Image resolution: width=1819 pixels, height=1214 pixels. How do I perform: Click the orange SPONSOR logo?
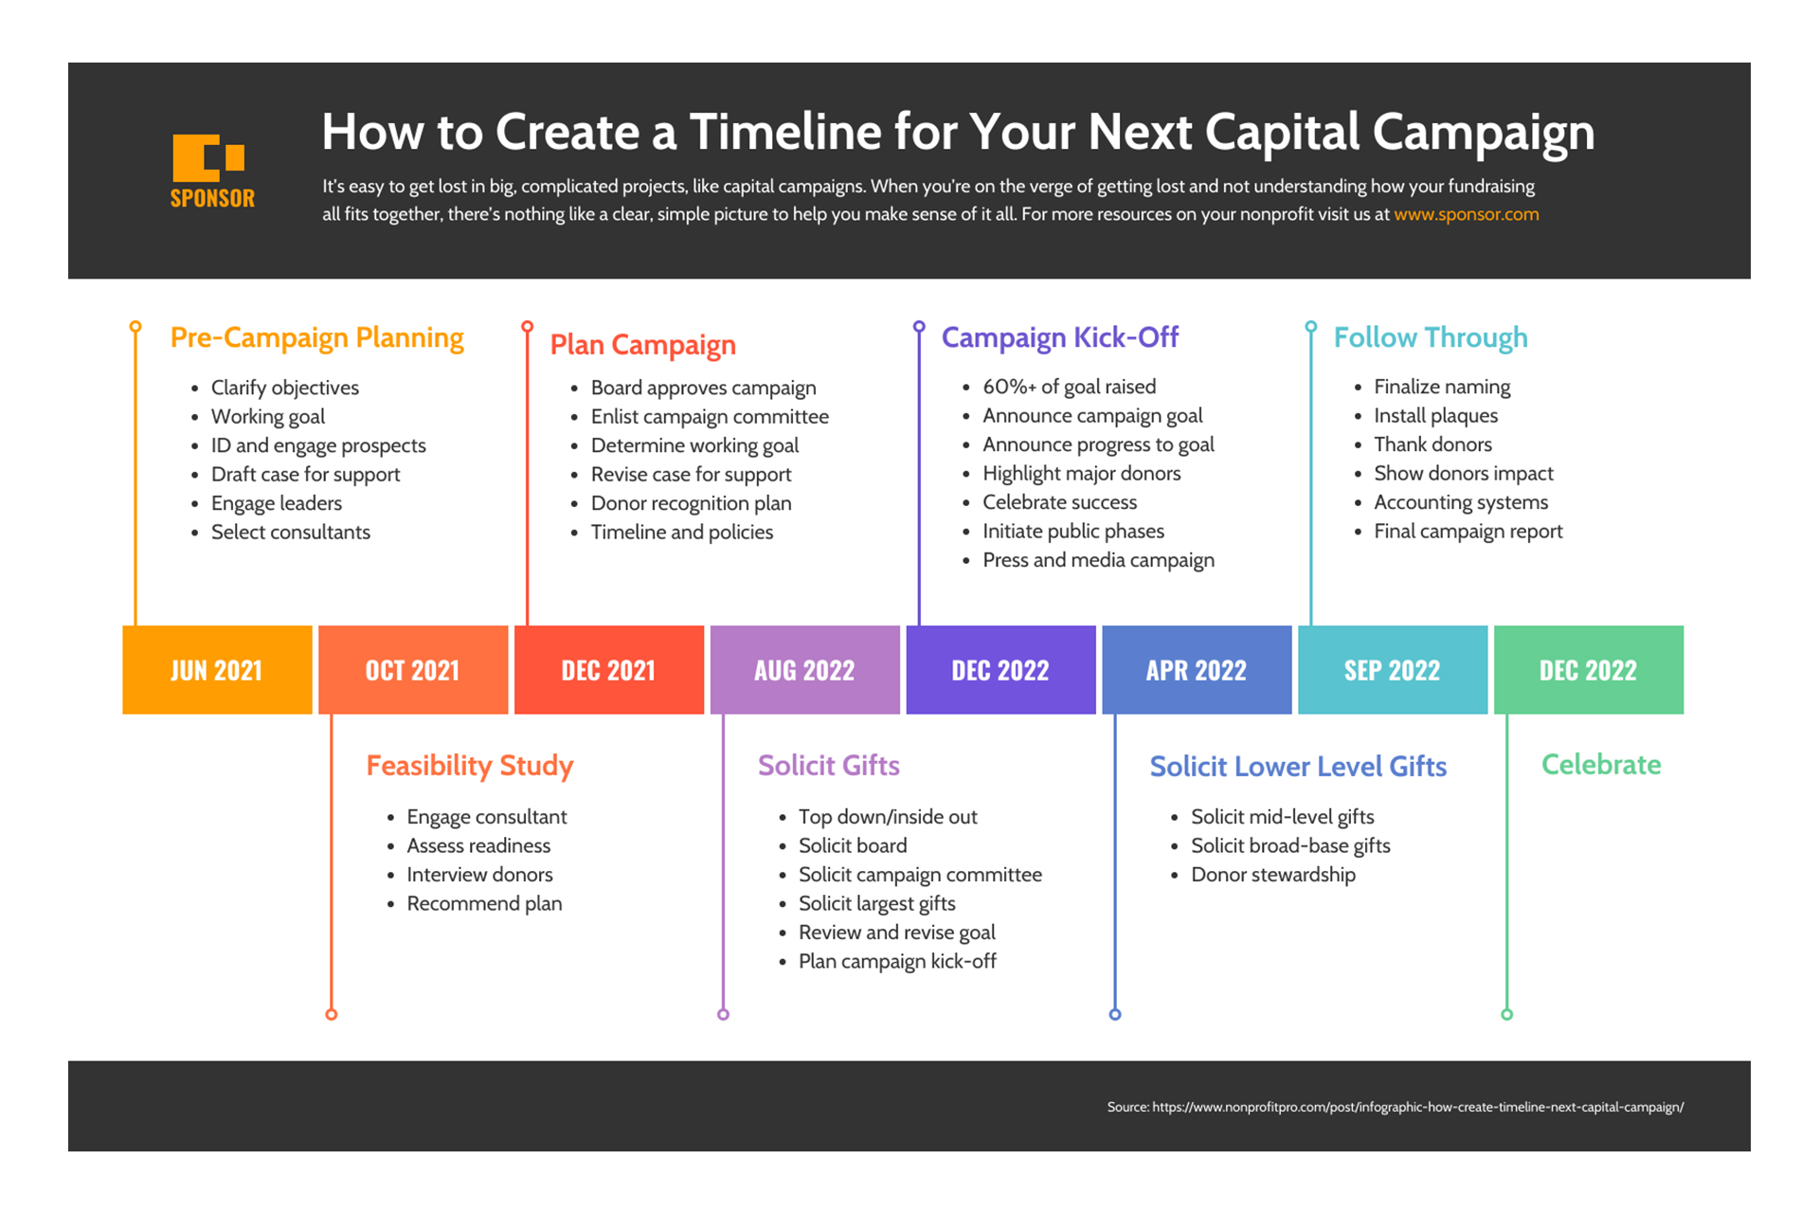212,172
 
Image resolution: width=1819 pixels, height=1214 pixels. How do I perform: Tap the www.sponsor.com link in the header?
1466,214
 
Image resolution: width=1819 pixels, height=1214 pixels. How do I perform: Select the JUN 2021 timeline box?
217,670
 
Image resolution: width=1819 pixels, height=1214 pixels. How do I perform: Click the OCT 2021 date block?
413,670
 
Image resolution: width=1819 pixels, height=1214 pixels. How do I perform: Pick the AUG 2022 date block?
804,670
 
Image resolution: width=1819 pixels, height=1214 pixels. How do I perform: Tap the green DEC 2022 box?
1589,670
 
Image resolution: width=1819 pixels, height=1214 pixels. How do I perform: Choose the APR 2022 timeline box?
1197,670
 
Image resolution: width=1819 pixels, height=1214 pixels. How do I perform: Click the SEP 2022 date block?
1393,670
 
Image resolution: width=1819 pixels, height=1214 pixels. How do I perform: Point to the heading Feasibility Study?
470,766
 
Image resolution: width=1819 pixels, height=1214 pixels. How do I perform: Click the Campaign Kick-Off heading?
1060,337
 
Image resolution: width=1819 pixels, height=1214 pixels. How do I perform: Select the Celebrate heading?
1601,765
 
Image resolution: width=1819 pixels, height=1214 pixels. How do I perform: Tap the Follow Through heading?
1431,337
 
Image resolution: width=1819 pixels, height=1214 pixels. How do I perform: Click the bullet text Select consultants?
291,532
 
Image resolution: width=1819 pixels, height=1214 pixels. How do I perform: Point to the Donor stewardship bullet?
1273,875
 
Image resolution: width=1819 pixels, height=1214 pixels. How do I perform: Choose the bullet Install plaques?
1436,416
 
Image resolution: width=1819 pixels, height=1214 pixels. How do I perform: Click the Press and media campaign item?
1098,560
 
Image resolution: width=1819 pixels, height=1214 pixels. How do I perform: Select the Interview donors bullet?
479,875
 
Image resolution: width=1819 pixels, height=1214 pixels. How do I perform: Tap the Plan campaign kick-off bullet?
897,962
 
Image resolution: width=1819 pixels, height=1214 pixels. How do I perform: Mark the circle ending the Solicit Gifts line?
724,1015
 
